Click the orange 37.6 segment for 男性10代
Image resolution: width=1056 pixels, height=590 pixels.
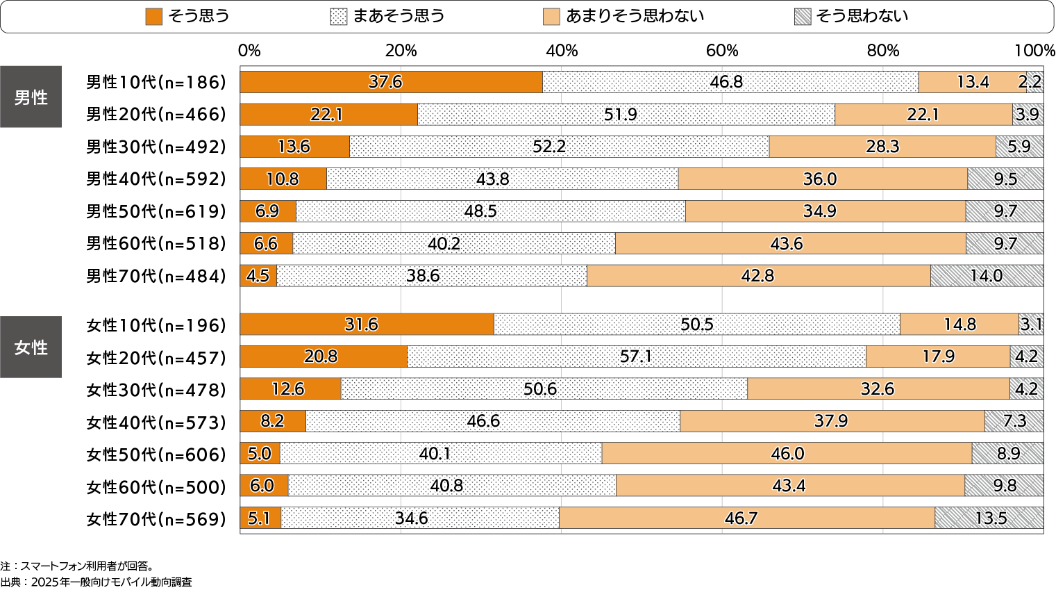[x=391, y=82]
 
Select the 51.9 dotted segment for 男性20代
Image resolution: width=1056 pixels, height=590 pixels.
[x=626, y=115]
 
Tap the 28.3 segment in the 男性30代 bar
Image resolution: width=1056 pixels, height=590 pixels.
[x=882, y=147]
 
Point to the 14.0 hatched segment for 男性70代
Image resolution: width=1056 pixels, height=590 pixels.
[x=986, y=276]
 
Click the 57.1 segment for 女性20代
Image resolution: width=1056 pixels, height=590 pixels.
[x=636, y=357]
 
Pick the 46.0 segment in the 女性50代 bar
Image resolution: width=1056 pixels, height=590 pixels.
[x=787, y=454]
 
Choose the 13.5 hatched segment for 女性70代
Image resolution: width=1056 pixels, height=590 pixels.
[x=989, y=518]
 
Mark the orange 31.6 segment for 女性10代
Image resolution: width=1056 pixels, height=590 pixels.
[x=367, y=325]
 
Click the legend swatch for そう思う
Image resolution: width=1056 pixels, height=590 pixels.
[x=153, y=16]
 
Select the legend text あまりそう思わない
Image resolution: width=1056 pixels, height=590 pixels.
[x=635, y=16]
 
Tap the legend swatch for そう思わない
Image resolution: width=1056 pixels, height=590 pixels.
[x=803, y=16]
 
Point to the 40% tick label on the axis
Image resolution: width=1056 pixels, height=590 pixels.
[x=562, y=51]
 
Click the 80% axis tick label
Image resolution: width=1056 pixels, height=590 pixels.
[x=883, y=51]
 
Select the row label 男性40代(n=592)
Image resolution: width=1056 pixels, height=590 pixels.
[x=156, y=179]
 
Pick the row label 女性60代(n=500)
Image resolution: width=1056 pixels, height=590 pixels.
[x=156, y=486]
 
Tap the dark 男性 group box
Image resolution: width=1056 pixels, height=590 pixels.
[x=31, y=97]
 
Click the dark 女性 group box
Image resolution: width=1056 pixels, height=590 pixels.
[x=31, y=347]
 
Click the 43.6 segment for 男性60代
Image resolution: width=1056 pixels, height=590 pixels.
[x=790, y=244]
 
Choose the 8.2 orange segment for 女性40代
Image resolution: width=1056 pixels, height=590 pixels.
[x=273, y=421]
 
